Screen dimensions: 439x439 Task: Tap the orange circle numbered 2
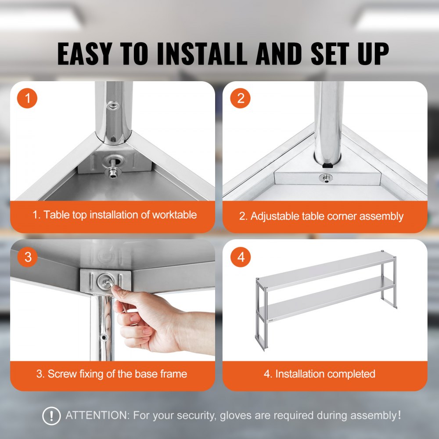(241, 99)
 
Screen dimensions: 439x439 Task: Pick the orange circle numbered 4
(241, 257)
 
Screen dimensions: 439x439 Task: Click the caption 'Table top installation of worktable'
(114, 215)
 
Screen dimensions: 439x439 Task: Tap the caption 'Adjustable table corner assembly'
(321, 216)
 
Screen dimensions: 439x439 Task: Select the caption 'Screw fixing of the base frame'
(112, 374)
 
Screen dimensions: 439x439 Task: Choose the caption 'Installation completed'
(320, 374)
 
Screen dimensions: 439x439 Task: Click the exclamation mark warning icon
(51, 415)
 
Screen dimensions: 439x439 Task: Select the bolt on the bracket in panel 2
(326, 178)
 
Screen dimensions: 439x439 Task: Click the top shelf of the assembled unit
(325, 269)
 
